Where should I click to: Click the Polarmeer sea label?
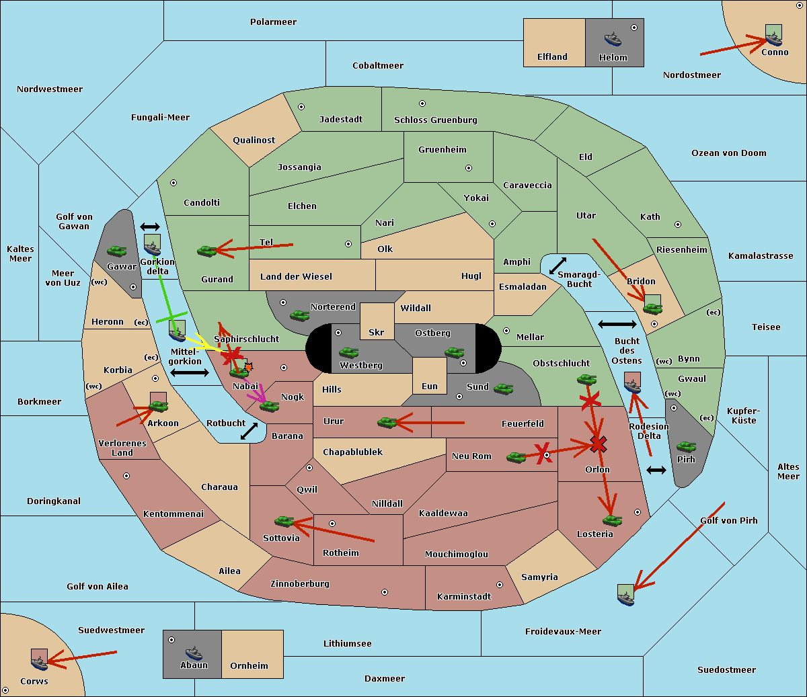tap(273, 22)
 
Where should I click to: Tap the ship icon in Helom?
tap(613, 39)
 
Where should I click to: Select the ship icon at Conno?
tap(774, 36)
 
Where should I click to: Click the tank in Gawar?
tap(117, 251)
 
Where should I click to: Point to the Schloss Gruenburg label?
tap(435, 120)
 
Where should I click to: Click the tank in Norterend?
tap(300, 315)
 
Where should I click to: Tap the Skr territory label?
tap(377, 333)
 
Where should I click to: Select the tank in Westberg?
tap(348, 352)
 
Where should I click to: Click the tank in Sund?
tap(504, 388)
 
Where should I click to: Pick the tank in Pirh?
tap(686, 446)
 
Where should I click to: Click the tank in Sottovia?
tap(284, 521)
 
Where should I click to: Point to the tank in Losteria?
tap(612, 520)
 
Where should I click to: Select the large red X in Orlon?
tap(598, 444)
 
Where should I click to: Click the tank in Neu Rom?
tap(516, 457)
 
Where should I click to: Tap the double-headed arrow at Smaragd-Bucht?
tap(558, 265)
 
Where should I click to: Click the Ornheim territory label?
tap(249, 666)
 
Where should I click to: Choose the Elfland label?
tap(552, 57)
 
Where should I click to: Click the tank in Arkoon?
tap(158, 406)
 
